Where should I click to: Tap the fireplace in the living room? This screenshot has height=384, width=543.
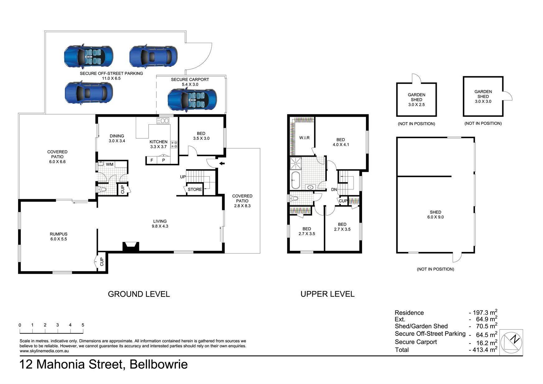[x=130, y=247]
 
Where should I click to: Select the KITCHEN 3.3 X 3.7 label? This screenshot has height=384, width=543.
[x=158, y=144]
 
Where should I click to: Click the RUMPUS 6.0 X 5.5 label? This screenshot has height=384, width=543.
[x=59, y=236]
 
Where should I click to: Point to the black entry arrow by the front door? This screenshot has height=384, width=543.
[x=222, y=164]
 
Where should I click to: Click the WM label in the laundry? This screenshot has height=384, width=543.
[x=109, y=164]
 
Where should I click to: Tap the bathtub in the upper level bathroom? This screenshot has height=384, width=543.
[x=295, y=180]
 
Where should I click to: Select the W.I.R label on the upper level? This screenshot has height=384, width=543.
[x=304, y=138]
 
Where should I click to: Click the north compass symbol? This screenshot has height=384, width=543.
[x=511, y=342]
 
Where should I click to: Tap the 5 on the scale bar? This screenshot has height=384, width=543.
[x=83, y=325]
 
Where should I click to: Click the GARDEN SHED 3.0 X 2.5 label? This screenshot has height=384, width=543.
[x=416, y=100]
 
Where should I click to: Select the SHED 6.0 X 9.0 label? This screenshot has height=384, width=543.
[x=435, y=215]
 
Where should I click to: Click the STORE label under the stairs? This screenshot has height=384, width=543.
[x=195, y=189]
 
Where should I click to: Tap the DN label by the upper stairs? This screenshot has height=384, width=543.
[x=334, y=189]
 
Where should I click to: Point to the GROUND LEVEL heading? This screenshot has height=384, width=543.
[x=139, y=294]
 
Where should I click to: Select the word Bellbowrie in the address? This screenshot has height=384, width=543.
[x=159, y=364]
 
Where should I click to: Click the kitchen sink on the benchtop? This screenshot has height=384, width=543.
[x=163, y=121]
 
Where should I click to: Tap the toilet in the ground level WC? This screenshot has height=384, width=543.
[x=102, y=189]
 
